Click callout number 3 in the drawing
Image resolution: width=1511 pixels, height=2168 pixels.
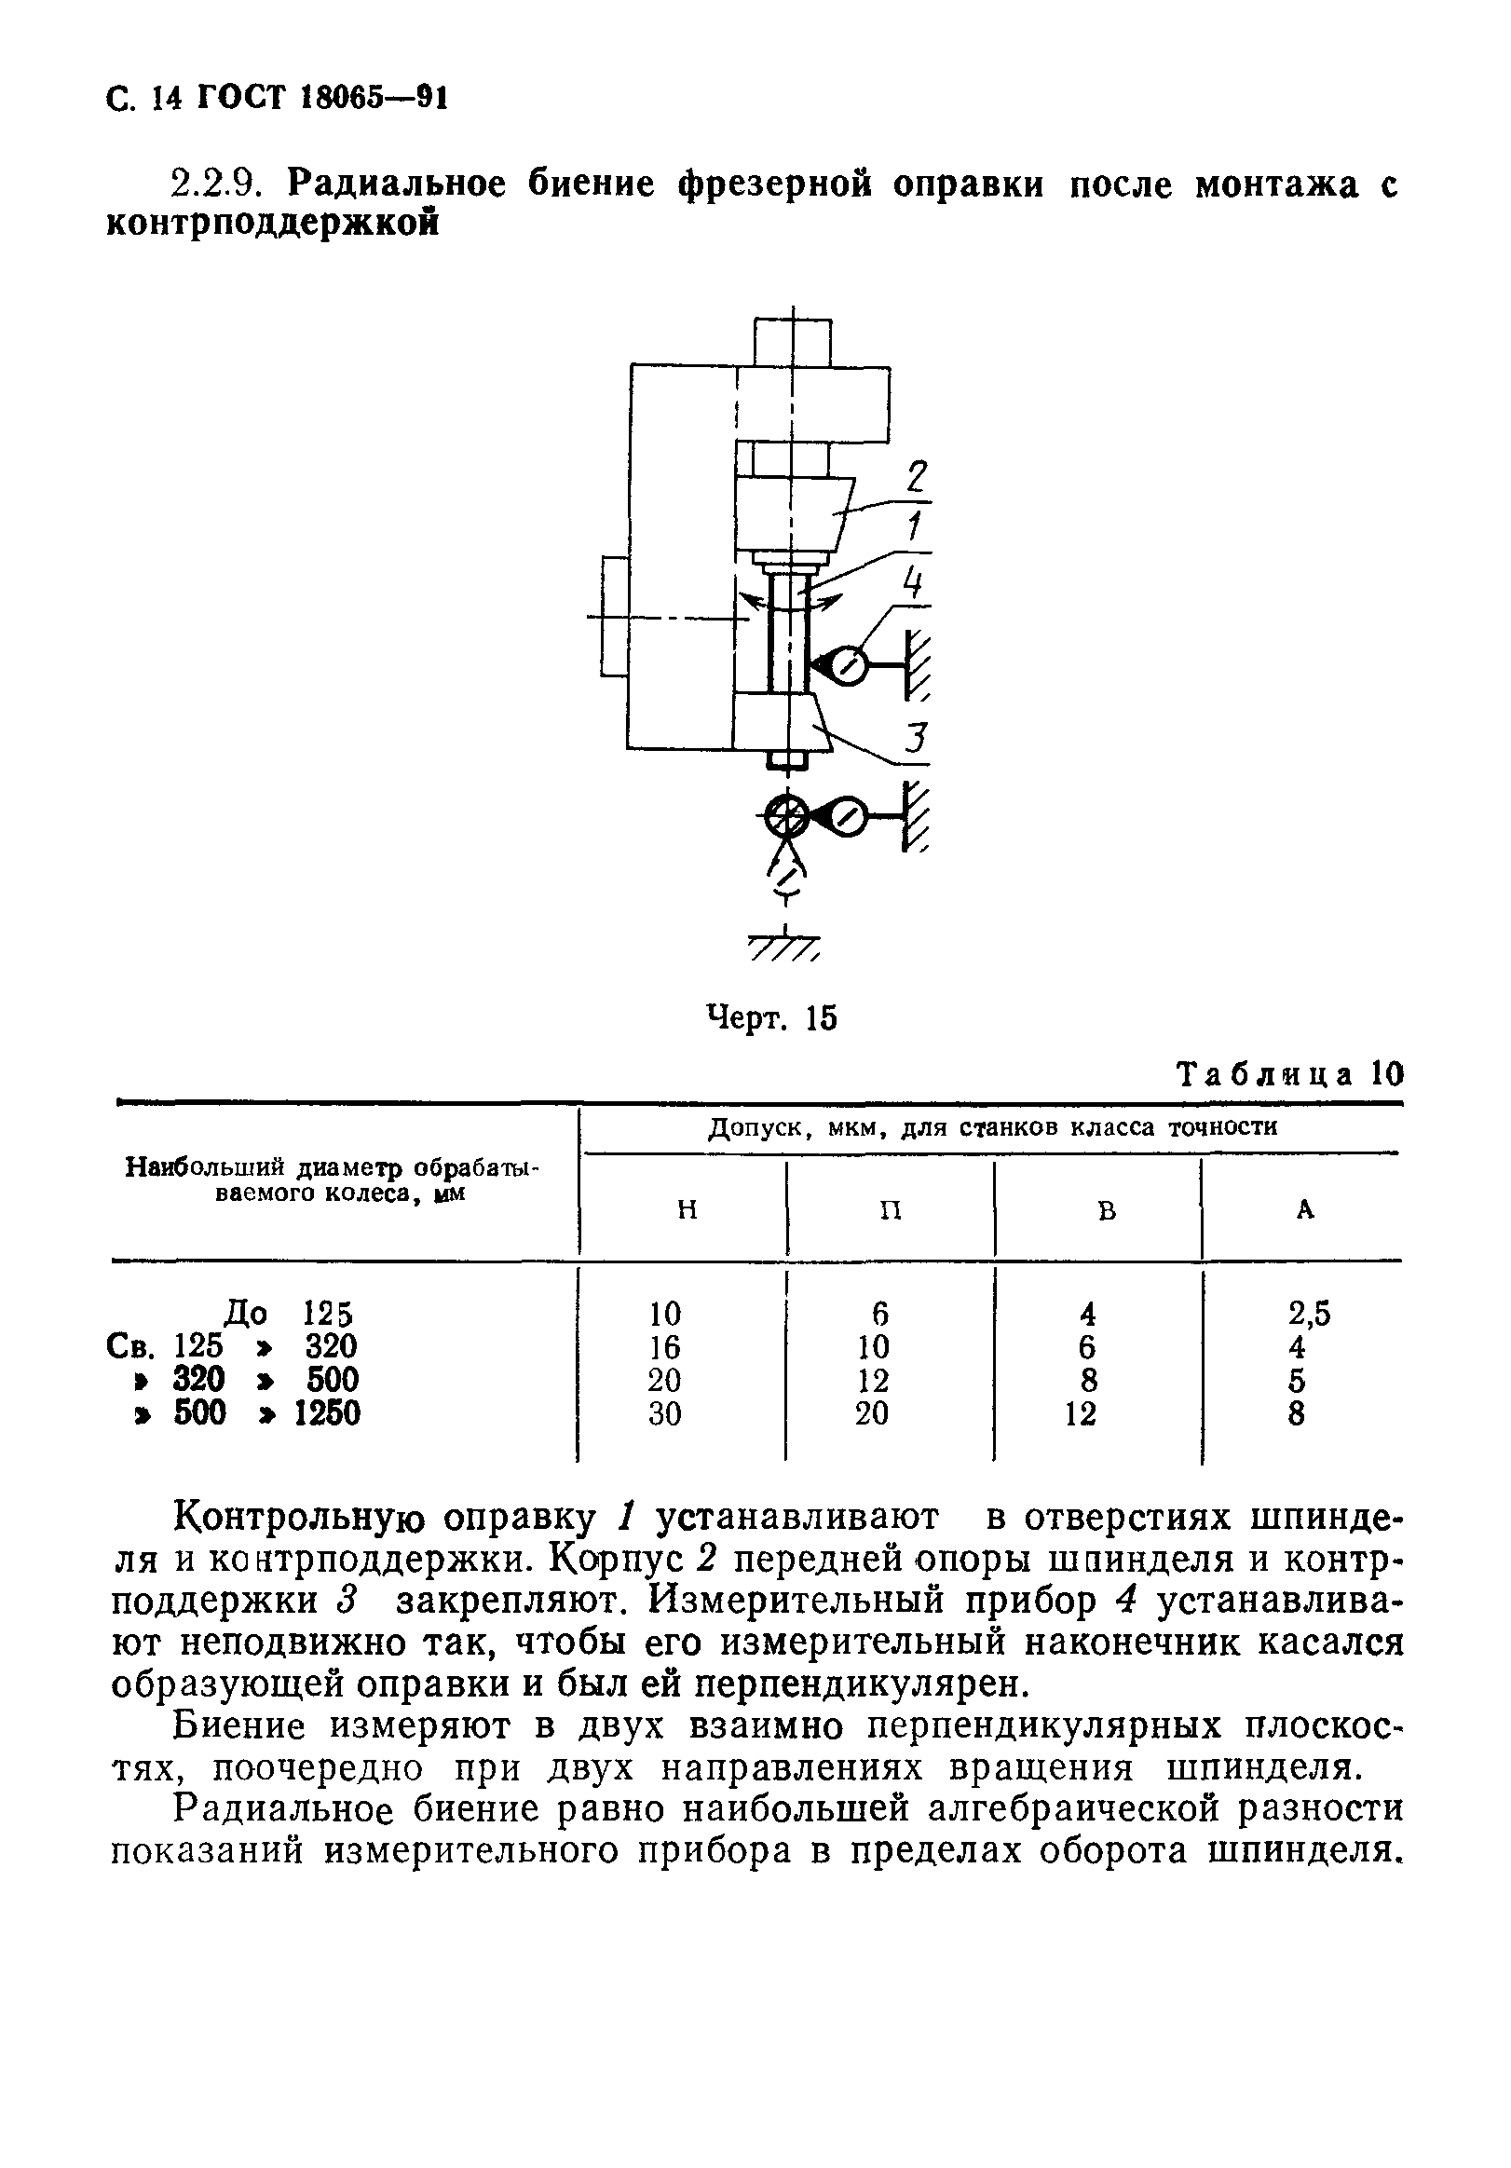tap(916, 739)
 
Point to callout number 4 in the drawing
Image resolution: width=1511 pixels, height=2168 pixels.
tap(911, 582)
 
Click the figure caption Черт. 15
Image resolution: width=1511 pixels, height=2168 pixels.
tap(771, 1018)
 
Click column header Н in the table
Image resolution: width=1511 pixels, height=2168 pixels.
tap(687, 1209)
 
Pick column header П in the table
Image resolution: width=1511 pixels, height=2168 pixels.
tap(891, 1209)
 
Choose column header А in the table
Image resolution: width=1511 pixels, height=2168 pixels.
tap(1304, 1209)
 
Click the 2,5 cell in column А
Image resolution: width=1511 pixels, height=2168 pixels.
tap(1309, 1314)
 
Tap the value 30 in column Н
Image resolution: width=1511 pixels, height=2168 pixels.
tap(664, 1412)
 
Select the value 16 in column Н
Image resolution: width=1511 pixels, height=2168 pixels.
tap(664, 1346)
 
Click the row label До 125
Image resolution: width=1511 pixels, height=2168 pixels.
tap(288, 1314)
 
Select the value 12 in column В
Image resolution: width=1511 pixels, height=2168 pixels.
tap(1079, 1412)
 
